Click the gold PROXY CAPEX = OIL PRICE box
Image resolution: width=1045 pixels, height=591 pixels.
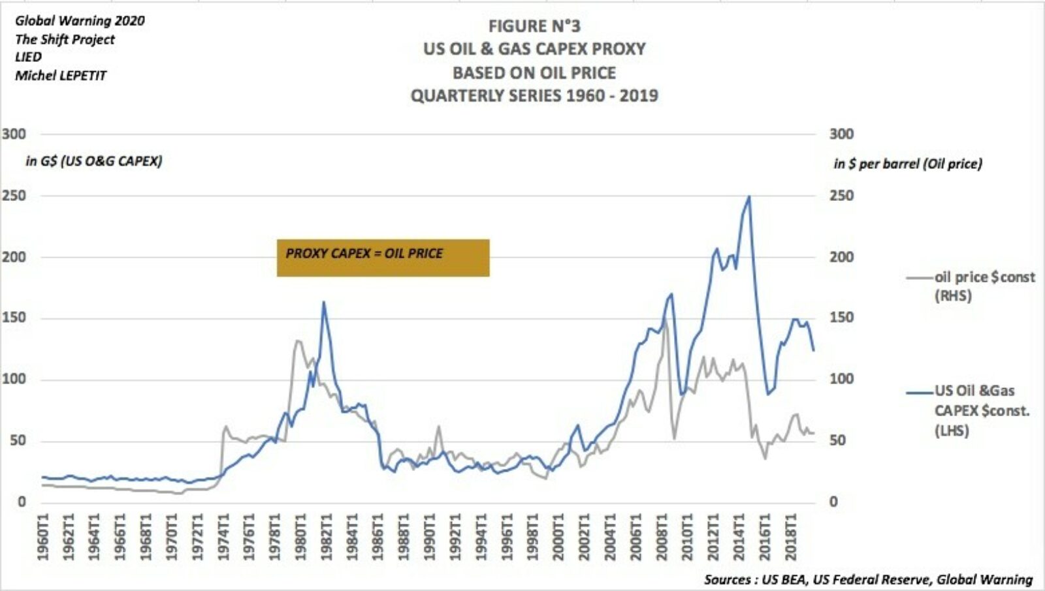coord(383,258)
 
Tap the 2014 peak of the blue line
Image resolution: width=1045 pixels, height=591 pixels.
coord(748,197)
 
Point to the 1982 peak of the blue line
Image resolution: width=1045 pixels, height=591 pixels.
coord(324,303)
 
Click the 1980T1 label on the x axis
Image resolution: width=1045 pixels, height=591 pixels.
coord(300,537)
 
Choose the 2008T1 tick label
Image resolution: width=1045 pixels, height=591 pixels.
coord(662,537)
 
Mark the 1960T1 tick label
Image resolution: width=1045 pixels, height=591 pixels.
coord(42,537)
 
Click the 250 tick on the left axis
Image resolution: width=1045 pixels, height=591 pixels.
coord(14,196)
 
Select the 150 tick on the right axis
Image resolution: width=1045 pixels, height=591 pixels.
coord(841,318)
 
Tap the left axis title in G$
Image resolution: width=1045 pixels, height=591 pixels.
coord(94,161)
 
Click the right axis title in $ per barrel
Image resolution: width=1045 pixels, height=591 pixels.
coord(907,164)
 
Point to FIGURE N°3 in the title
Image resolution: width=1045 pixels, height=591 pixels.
coord(534,26)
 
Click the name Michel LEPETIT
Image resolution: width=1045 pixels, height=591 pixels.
coord(60,76)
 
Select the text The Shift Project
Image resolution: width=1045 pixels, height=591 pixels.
coord(65,39)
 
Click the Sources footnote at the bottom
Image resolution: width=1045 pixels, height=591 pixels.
coord(868,579)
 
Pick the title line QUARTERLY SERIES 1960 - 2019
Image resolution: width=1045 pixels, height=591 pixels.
coord(534,96)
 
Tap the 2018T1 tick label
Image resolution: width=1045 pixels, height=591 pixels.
coord(790,537)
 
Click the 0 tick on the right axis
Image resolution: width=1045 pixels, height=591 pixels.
coord(833,502)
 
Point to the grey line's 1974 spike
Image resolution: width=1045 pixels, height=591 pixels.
coord(225,427)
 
